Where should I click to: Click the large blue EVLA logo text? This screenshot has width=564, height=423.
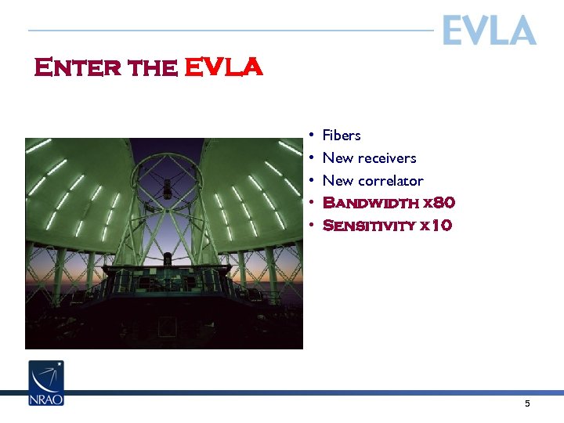click(x=489, y=31)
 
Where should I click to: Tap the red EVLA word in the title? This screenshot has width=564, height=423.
click(x=223, y=68)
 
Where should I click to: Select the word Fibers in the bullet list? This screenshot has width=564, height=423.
click(x=342, y=136)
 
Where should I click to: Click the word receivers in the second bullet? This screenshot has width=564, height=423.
click(x=387, y=158)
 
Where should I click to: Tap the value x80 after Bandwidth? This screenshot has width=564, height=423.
click(x=439, y=203)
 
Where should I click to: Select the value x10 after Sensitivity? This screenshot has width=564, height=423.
click(x=436, y=226)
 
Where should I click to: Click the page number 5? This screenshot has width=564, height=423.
click(x=527, y=403)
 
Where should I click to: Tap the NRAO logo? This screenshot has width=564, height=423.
click(x=46, y=382)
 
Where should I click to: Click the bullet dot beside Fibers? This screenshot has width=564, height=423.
click(x=311, y=136)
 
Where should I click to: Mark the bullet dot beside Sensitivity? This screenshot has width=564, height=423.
click(x=311, y=226)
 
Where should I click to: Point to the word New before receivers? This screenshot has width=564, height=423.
click(x=337, y=158)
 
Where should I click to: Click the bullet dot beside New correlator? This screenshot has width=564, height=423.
click(x=311, y=181)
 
